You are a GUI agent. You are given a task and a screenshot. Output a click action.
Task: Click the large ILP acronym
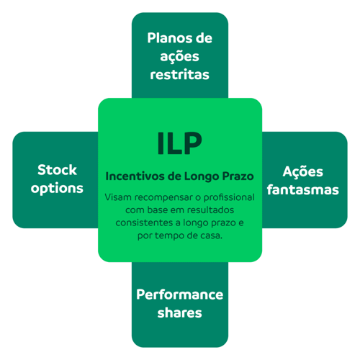[179, 143]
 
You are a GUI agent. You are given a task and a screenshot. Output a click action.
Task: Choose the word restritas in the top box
[179, 74]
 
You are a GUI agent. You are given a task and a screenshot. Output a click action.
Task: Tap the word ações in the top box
[179, 57]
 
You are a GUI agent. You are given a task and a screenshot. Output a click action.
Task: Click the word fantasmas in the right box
[302, 190]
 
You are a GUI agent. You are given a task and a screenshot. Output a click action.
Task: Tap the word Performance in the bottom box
[179, 294]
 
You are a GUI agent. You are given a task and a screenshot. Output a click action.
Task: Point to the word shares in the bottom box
[179, 313]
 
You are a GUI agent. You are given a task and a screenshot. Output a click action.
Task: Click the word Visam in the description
[119, 197]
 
